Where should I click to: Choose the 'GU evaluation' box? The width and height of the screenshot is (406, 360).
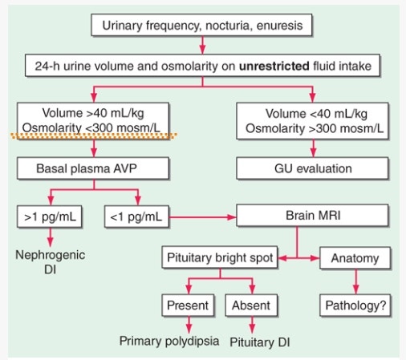309,169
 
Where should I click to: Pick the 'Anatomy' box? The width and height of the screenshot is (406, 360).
354,259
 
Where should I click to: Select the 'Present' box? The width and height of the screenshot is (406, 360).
188,305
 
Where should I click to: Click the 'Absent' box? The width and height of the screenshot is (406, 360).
251,305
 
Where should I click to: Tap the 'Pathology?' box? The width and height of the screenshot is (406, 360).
354,305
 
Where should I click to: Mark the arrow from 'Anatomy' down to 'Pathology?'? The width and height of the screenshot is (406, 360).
354,282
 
